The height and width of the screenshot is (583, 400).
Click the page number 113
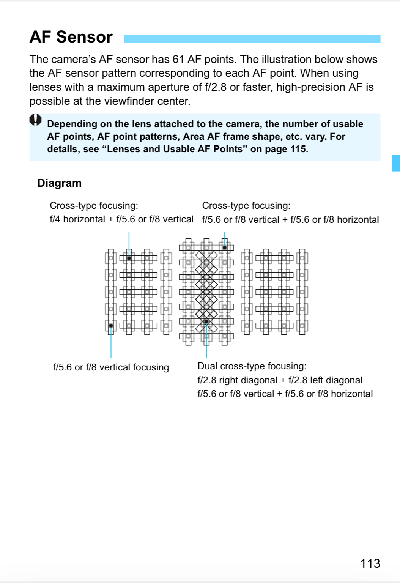(370, 563)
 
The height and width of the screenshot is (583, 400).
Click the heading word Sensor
(84, 37)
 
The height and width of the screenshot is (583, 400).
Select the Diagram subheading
(59, 183)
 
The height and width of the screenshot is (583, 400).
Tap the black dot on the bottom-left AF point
(111, 326)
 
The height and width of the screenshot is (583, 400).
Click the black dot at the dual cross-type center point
(206, 321)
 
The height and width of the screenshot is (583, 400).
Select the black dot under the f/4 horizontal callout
(129, 258)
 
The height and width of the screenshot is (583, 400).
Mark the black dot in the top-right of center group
(225, 247)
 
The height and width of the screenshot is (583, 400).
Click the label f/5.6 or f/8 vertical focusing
(111, 367)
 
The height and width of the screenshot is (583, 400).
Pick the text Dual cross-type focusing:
(252, 366)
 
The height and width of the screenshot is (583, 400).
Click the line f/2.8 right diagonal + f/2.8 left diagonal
(280, 380)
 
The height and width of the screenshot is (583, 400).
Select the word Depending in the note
(72, 124)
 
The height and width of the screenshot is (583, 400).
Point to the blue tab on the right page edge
(396, 163)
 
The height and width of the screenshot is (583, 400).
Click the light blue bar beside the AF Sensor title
(252, 39)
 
